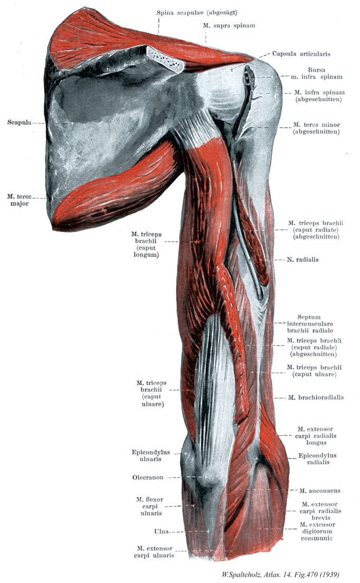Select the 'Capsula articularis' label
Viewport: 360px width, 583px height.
pyautogui.click(x=300, y=53)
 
